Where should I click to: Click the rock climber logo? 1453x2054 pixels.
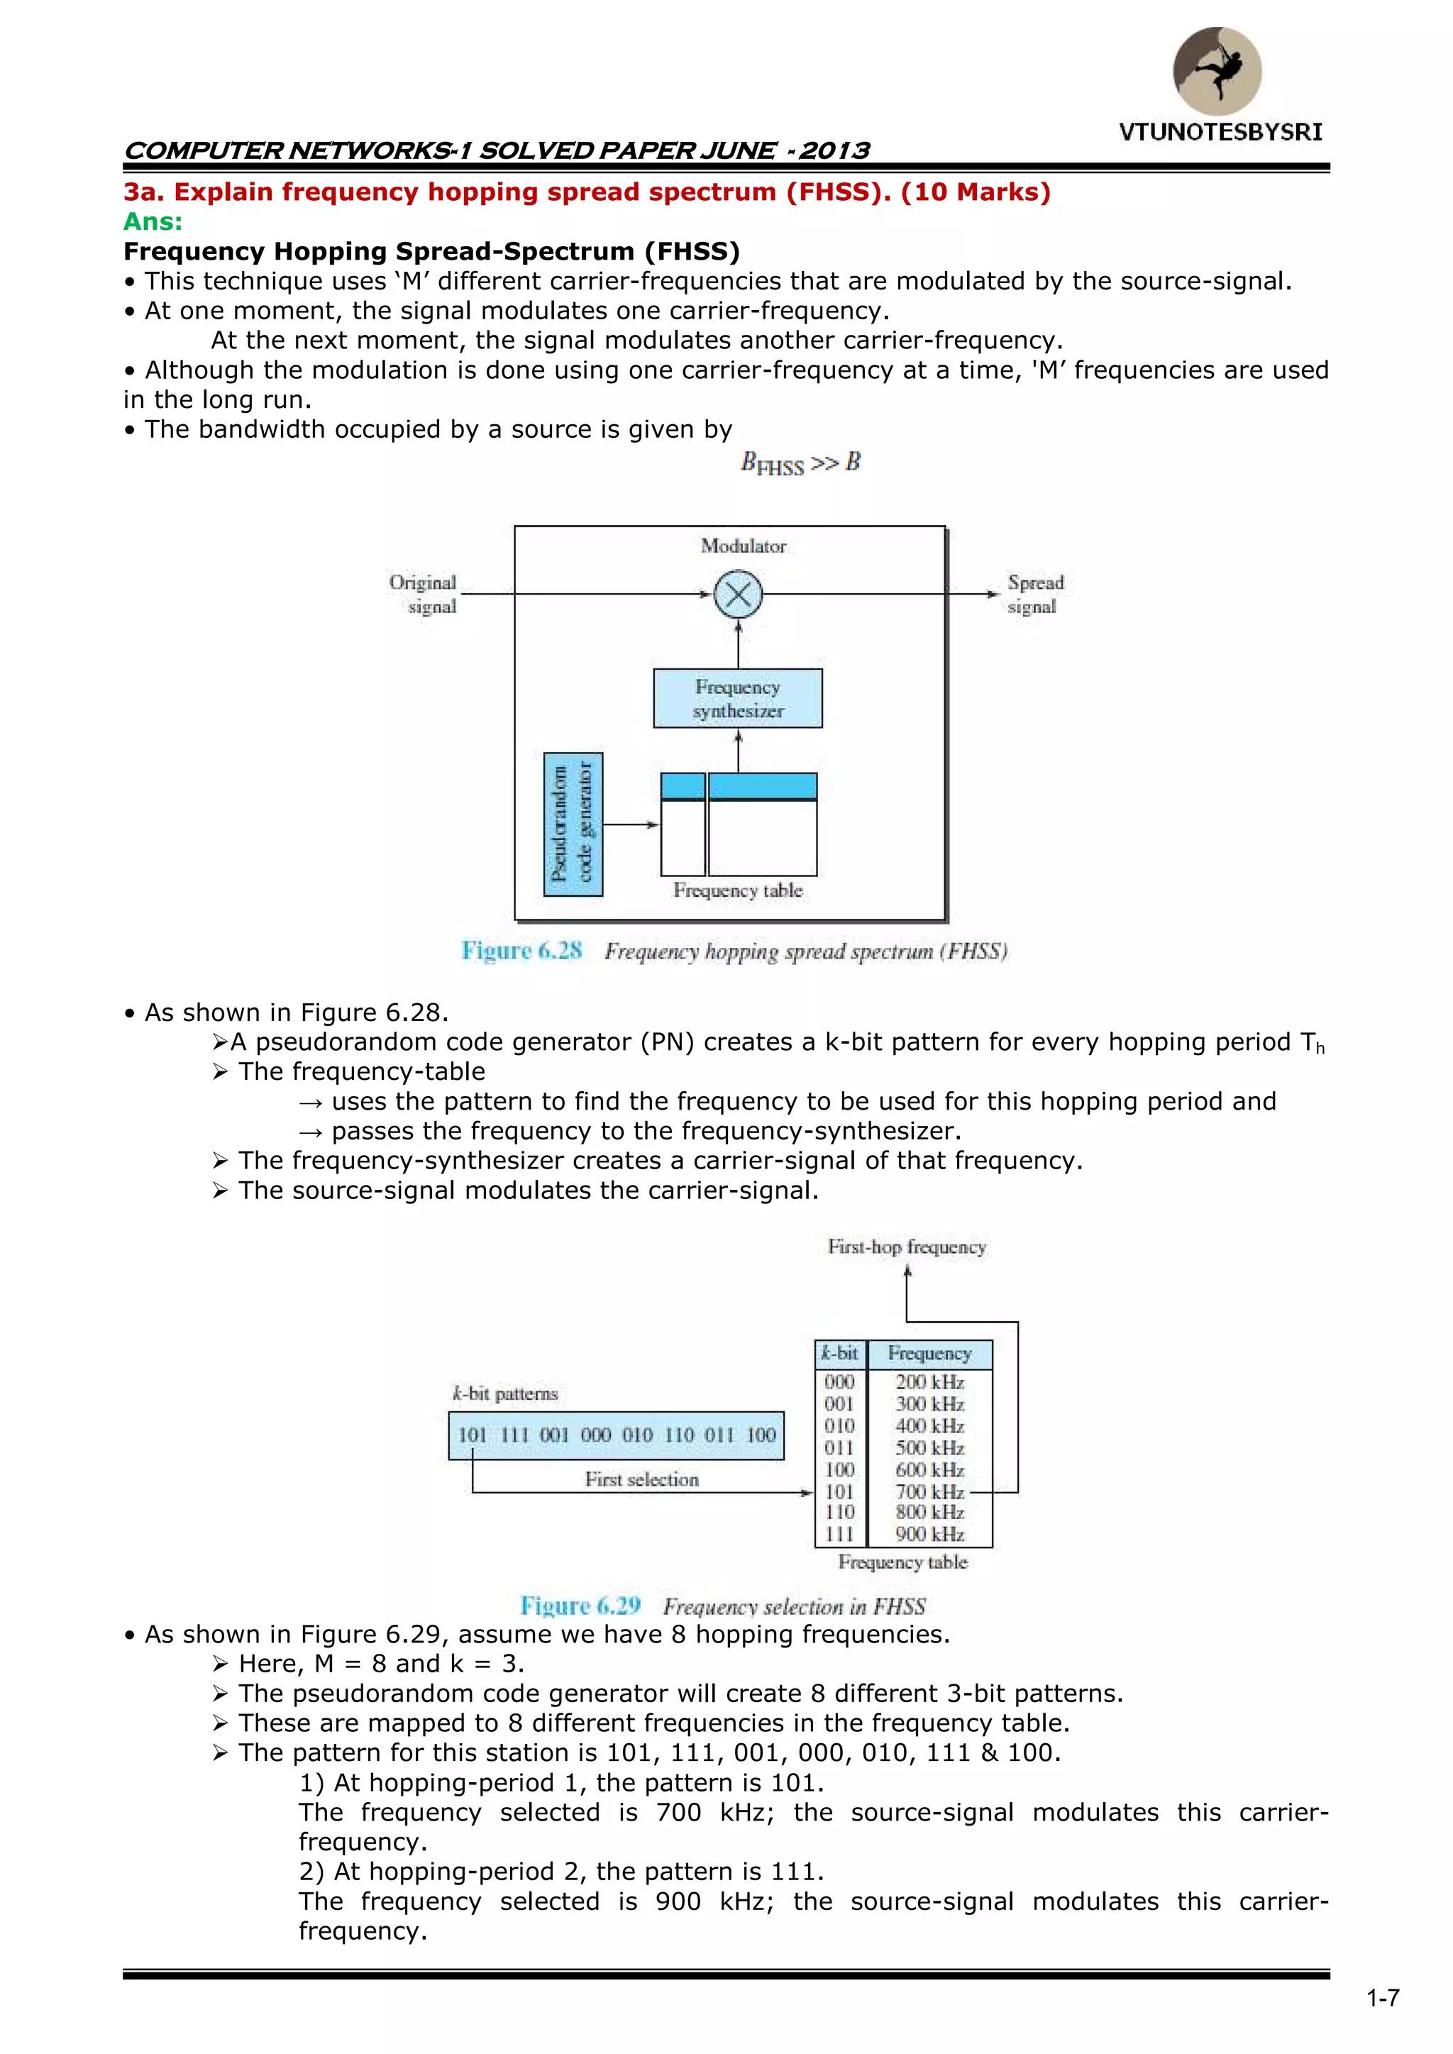click(x=1217, y=71)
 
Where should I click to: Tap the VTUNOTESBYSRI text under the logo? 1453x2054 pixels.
click(x=1220, y=133)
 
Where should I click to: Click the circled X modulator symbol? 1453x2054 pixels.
click(x=738, y=595)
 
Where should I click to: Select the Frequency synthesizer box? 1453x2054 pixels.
click(x=738, y=699)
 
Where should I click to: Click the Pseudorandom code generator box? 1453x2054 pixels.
click(x=573, y=824)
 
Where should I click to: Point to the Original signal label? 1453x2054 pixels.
click(x=423, y=594)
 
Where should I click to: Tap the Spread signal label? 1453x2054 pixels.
click(x=1035, y=594)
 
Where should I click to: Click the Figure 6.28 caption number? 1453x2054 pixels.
click(x=521, y=950)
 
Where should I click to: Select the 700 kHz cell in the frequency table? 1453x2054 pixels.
click(x=929, y=1491)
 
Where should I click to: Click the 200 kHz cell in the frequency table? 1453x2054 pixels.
click(x=929, y=1382)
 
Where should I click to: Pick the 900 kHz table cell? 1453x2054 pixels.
click(x=929, y=1534)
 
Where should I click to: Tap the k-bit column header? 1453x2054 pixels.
click(x=840, y=1354)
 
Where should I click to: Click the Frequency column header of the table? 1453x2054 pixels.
click(x=929, y=1354)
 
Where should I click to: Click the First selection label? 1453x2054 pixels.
click(x=641, y=1480)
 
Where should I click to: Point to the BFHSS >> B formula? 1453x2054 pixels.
click(x=800, y=463)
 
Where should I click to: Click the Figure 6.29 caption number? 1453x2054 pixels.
click(x=580, y=1606)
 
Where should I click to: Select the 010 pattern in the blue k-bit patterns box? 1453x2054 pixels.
click(x=638, y=1435)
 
